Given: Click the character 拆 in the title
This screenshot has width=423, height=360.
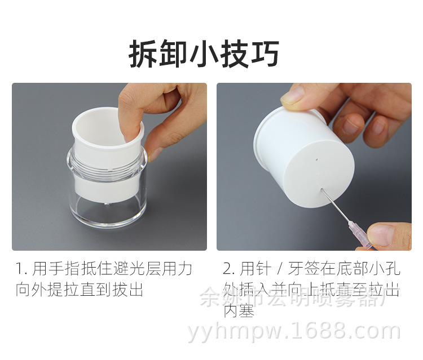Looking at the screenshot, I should pos(142,54).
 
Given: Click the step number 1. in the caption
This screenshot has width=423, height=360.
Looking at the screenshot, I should pos(21,268).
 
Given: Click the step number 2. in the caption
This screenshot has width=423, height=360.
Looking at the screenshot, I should pos(228,268).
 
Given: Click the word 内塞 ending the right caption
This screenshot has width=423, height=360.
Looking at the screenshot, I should pos(239,310).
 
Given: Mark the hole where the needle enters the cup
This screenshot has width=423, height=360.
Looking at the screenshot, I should pos(321,190).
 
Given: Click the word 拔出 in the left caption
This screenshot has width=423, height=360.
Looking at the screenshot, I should pos(129,290).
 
